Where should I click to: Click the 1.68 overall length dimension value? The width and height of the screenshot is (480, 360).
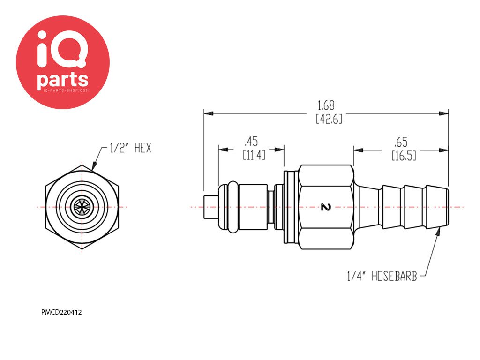(326, 105)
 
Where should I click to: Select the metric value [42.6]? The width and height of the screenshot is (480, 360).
(329, 119)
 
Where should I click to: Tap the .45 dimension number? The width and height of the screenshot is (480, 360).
(251, 142)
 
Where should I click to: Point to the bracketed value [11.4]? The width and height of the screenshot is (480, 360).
(254, 155)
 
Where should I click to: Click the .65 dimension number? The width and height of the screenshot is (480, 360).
(401, 142)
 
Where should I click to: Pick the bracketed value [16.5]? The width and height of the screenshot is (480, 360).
(404, 156)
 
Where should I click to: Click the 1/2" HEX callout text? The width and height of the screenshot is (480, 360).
(131, 148)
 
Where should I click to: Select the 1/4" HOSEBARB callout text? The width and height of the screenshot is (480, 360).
(382, 276)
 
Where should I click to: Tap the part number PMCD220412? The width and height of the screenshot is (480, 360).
(61, 313)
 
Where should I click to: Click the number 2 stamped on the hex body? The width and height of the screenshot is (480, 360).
(326, 207)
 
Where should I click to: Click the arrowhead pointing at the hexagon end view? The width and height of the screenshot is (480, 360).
(94, 165)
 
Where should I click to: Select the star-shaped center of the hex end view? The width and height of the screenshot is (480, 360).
(82, 207)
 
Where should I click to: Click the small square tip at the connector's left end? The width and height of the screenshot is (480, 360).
(211, 207)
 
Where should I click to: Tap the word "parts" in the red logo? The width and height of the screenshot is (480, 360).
(63, 80)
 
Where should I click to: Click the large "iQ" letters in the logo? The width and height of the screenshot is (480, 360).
(63, 49)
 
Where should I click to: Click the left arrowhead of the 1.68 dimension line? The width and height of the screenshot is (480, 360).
(209, 113)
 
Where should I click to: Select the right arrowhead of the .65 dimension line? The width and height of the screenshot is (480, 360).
(443, 150)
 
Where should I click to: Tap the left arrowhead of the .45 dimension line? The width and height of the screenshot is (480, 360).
(223, 150)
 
